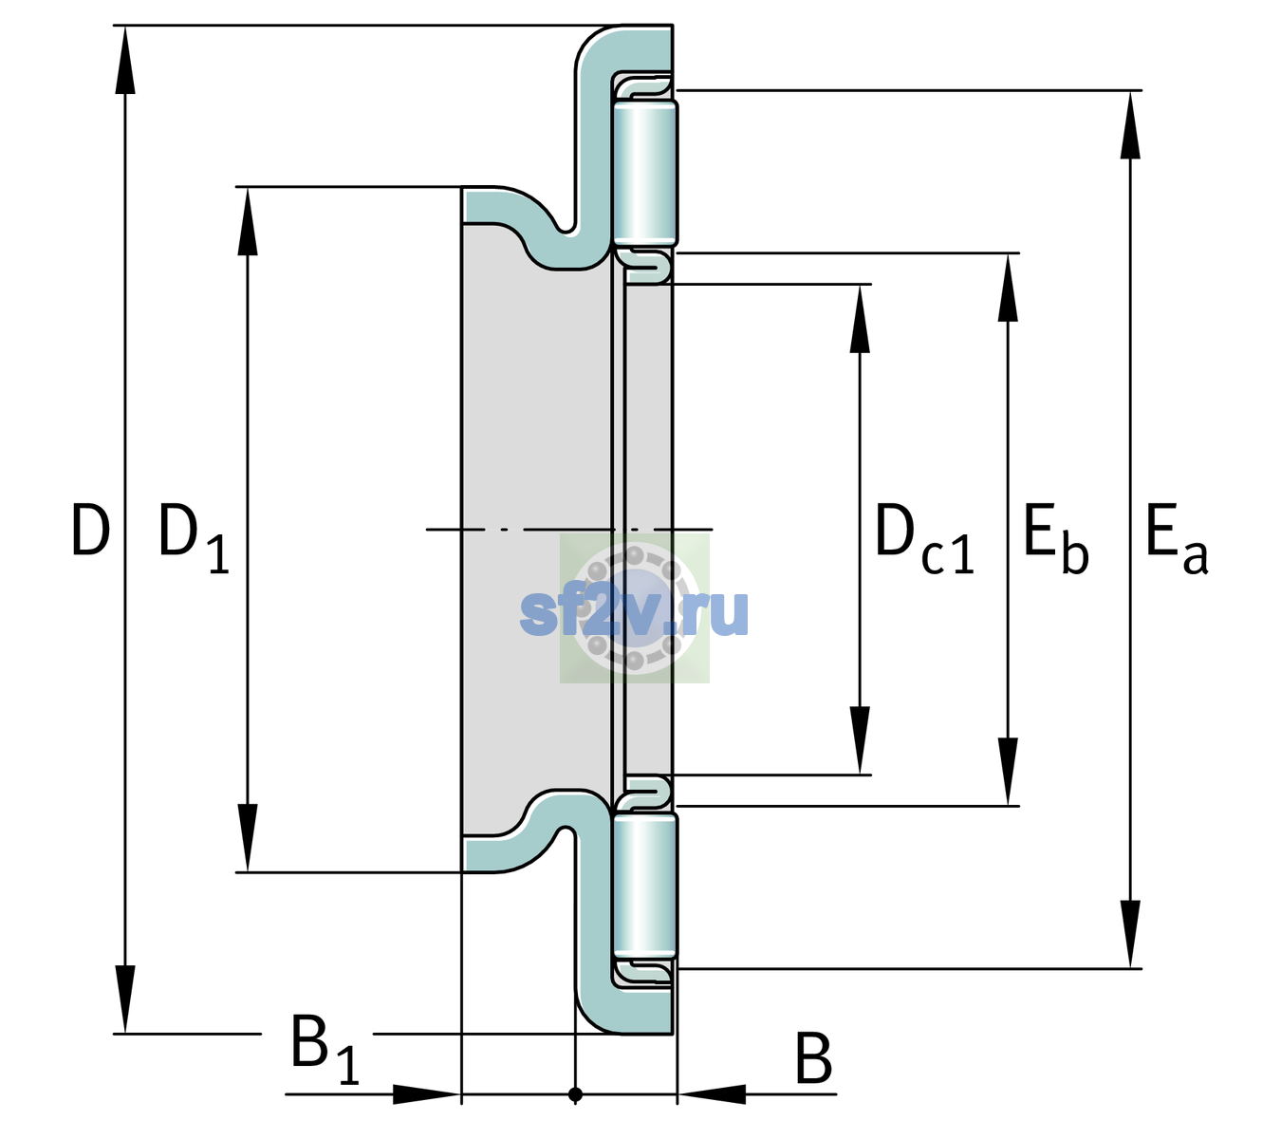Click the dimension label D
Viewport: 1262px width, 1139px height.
tap(91, 530)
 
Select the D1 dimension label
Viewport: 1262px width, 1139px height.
tap(194, 538)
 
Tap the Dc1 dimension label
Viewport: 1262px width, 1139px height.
tap(924, 539)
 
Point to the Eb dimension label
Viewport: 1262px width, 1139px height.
tap(1056, 539)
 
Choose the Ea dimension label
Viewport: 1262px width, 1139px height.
tap(1177, 539)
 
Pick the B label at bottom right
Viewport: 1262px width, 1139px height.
tap(813, 1057)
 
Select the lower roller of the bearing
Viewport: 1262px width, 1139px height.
tap(645, 886)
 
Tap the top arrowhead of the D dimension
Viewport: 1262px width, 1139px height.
tap(125, 59)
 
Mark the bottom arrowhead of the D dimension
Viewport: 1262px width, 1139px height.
tap(125, 999)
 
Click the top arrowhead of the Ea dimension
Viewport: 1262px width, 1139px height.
tap(1130, 124)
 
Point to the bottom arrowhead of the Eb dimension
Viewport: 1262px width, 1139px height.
tap(1008, 772)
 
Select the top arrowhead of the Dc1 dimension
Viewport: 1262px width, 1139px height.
tap(860, 318)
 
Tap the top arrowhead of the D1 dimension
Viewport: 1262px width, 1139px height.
tap(248, 221)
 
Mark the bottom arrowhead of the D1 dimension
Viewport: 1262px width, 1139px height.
tap(248, 837)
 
